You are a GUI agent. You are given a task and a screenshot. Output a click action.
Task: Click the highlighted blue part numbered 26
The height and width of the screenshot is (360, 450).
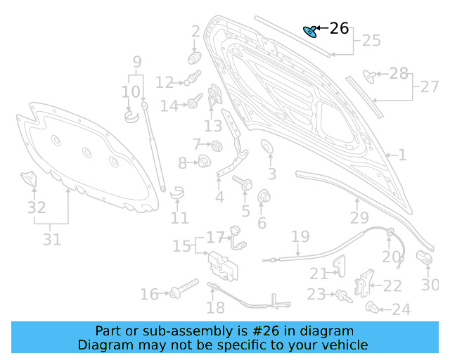pyautogui.click(x=309, y=30)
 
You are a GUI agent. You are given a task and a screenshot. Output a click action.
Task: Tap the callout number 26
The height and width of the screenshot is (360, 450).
pyautogui.click(x=339, y=28)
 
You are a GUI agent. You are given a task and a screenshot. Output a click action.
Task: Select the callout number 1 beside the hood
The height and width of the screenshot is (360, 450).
pyautogui.click(x=402, y=155)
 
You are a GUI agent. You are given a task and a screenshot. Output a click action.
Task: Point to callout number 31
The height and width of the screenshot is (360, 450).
pyautogui.click(x=51, y=239)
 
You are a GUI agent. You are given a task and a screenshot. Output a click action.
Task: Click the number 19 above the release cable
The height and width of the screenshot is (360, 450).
pyautogui.click(x=300, y=237)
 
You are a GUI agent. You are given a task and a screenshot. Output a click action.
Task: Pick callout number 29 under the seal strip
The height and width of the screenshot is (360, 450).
pyautogui.click(x=359, y=218)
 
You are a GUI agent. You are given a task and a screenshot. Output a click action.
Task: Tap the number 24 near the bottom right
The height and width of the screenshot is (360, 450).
pyautogui.click(x=401, y=309)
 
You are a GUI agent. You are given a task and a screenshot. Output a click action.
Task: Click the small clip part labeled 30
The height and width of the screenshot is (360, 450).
pyautogui.click(x=425, y=258)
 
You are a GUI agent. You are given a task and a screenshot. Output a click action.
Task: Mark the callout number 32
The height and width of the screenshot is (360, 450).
pyautogui.click(x=36, y=207)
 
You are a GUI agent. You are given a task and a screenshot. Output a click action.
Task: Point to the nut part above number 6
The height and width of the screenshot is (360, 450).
pyautogui.click(x=264, y=196)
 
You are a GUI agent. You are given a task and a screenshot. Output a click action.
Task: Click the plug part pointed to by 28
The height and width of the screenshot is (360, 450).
pyautogui.click(x=368, y=74)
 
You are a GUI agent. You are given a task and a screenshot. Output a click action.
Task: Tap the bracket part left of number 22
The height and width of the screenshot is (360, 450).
pyautogui.click(x=364, y=283)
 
